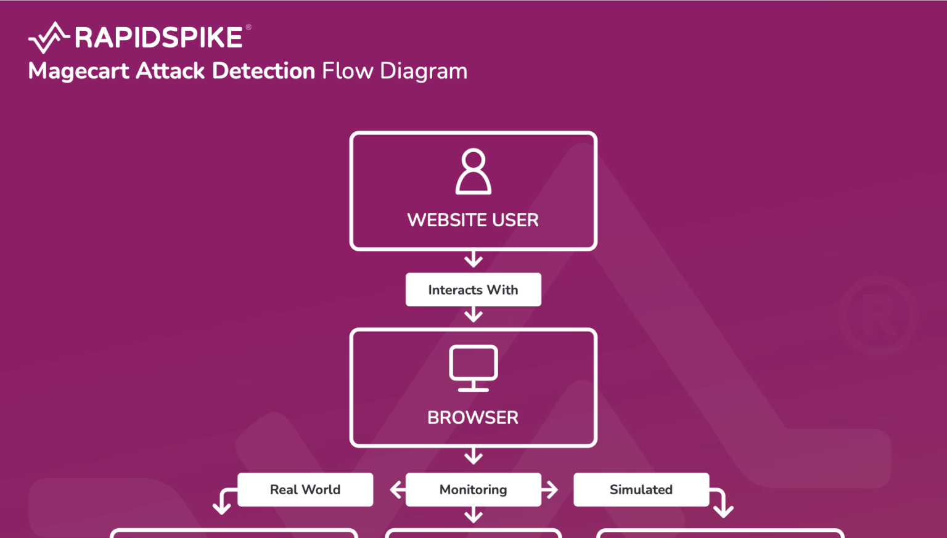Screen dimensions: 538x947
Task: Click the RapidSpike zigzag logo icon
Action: pos(48,38)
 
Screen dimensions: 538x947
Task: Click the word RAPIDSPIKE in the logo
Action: pos(158,38)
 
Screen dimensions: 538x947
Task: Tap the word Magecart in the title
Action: pos(78,71)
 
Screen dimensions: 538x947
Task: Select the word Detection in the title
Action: pos(263,71)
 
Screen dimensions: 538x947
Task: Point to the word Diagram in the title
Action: pos(424,71)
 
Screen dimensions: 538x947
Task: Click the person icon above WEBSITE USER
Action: pos(473,172)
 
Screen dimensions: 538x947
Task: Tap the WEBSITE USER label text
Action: pos(473,220)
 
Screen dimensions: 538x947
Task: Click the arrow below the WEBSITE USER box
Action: pos(473,259)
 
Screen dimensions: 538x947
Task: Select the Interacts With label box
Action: pos(473,290)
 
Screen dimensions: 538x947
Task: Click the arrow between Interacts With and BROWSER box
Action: pos(473,315)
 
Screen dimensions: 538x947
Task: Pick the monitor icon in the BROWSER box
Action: pos(473,369)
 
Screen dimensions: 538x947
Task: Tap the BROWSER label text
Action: pos(473,417)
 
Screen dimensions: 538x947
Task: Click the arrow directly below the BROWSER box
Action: pos(473,457)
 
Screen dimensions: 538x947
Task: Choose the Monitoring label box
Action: pos(473,490)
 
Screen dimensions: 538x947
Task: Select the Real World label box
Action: pos(305,490)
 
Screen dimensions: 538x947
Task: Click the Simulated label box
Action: pos(641,490)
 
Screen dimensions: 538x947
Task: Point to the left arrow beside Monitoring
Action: pos(398,490)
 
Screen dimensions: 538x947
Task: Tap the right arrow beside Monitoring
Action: pos(550,490)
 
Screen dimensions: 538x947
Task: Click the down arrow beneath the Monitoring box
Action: pos(473,515)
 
